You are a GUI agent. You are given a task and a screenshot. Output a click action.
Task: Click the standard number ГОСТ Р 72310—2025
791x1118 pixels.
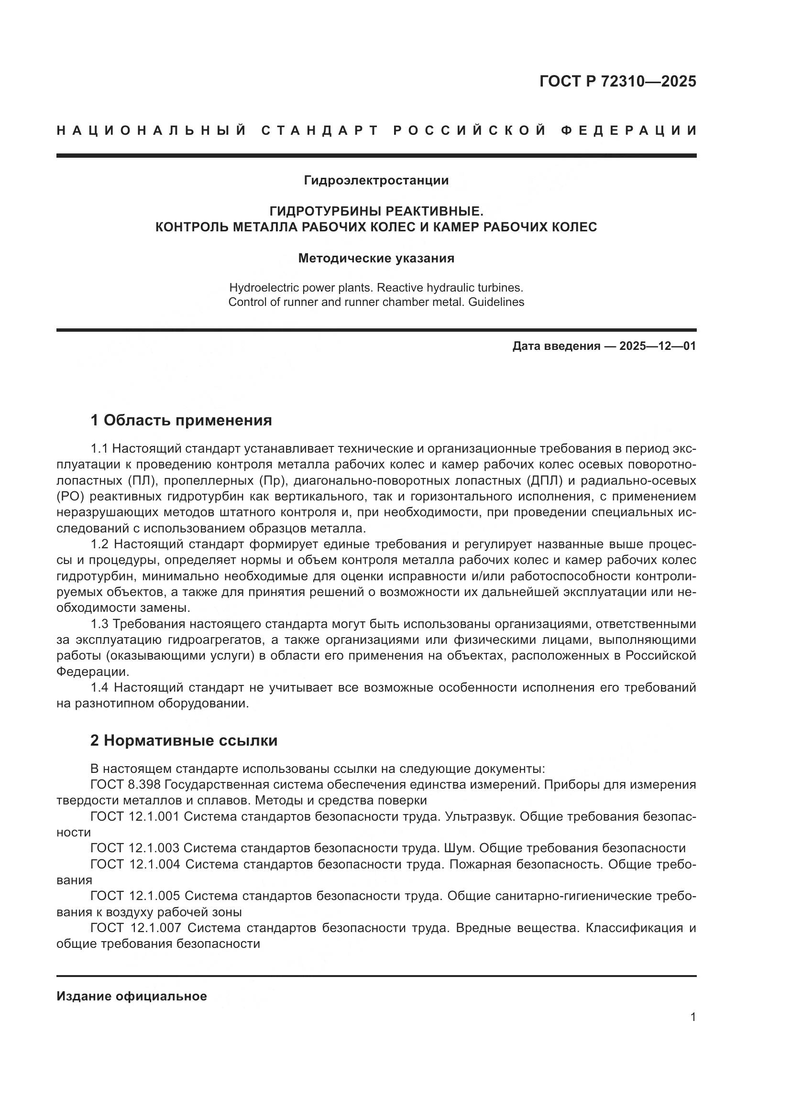tap(617, 81)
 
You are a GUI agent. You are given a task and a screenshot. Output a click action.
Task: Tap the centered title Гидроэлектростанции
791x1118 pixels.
tap(376, 181)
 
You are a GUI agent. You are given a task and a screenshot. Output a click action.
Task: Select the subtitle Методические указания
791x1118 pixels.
tap(376, 259)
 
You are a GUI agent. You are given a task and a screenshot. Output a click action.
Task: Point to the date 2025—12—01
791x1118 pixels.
tap(658, 346)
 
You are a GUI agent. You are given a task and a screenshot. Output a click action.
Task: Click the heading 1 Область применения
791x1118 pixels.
tap(181, 420)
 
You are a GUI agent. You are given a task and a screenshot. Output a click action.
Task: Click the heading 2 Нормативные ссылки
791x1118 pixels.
tap(184, 740)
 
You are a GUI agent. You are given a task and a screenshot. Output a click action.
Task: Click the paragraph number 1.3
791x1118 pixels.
tap(101, 624)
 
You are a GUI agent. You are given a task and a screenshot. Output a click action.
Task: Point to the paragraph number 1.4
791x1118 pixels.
tap(101, 688)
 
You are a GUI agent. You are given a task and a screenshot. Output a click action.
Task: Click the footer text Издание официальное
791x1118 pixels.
tap(132, 996)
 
